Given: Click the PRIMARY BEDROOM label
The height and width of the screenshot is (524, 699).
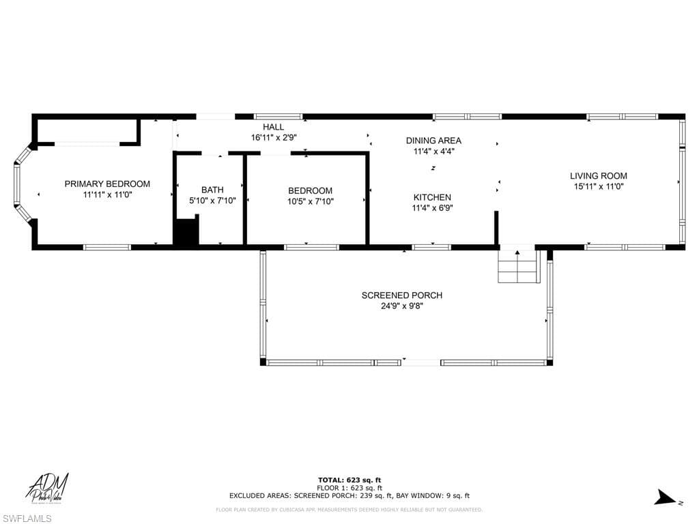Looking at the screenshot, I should coord(107,184).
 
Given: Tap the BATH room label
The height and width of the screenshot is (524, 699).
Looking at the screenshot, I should coord(212,190).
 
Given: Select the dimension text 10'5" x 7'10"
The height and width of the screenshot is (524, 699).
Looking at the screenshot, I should coord(310,201).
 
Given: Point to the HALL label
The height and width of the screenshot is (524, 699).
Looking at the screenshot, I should coord(273,127).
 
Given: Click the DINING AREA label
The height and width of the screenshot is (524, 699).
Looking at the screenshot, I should coord(433,141).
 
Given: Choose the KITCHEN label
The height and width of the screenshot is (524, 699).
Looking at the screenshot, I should coord(431,197).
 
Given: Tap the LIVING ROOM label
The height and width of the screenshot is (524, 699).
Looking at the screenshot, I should coord(598,176).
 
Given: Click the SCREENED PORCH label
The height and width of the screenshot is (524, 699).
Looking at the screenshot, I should coord(401,295).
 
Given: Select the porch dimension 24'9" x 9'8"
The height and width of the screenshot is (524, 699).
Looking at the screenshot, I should coord(401,306).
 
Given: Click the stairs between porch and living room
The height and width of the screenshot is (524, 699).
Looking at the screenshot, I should coord(518,267).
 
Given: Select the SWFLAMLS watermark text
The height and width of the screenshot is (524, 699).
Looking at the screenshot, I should coord(27,519).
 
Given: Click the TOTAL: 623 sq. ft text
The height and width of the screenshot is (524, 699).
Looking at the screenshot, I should coord(349,480).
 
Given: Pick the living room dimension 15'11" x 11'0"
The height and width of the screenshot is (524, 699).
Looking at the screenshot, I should coord(598,186).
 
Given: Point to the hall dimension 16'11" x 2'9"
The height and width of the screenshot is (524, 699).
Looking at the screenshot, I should coord(273,137).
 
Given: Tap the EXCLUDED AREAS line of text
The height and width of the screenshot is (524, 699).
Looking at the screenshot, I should coord(349,496).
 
